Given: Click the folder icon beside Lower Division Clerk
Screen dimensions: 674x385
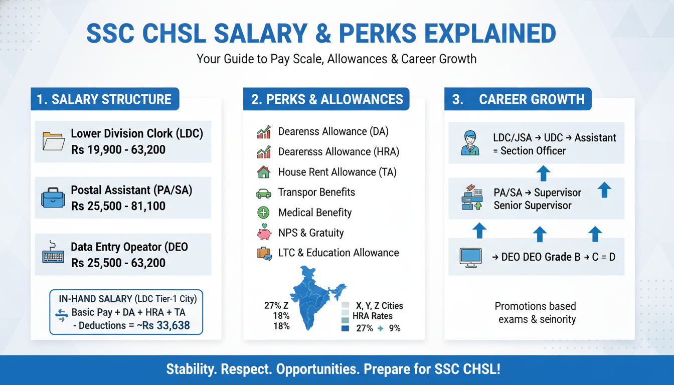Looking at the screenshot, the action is (x=54, y=141).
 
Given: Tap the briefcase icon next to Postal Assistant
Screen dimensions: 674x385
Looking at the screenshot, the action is (x=53, y=198).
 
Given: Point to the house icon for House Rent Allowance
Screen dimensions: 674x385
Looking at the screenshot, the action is (x=264, y=172).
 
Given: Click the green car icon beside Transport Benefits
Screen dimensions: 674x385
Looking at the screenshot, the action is (x=264, y=193).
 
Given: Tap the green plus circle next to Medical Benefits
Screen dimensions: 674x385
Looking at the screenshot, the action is (x=264, y=213).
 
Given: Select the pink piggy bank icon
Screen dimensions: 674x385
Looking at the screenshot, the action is (x=264, y=232).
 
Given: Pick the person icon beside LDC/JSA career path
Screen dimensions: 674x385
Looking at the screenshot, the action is (x=470, y=143).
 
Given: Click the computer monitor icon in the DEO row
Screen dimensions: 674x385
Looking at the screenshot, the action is (x=470, y=258).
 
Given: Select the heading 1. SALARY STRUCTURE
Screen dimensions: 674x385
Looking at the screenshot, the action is (x=104, y=99).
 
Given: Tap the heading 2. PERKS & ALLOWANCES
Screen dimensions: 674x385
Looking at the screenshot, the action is (x=327, y=99).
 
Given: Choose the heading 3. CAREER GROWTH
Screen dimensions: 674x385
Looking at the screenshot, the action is (x=519, y=99).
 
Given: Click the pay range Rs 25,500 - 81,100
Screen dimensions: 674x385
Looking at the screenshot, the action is (x=118, y=206).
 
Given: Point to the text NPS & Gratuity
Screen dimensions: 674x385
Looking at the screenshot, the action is (x=311, y=233).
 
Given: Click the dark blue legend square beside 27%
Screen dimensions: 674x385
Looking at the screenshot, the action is (x=345, y=328).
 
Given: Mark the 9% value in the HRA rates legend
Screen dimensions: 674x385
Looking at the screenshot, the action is (x=395, y=328).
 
